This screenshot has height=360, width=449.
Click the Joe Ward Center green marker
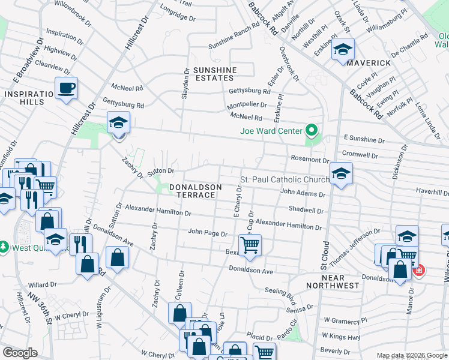311,130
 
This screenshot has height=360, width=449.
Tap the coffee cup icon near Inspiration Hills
66,89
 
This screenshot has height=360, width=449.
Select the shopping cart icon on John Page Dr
249,245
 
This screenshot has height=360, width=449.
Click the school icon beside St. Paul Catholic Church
341,173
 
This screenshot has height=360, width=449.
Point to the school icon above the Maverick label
343,50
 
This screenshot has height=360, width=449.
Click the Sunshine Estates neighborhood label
214,74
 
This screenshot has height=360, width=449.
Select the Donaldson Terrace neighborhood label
192,191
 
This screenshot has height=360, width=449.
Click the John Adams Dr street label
303,194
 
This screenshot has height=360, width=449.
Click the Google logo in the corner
20,353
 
